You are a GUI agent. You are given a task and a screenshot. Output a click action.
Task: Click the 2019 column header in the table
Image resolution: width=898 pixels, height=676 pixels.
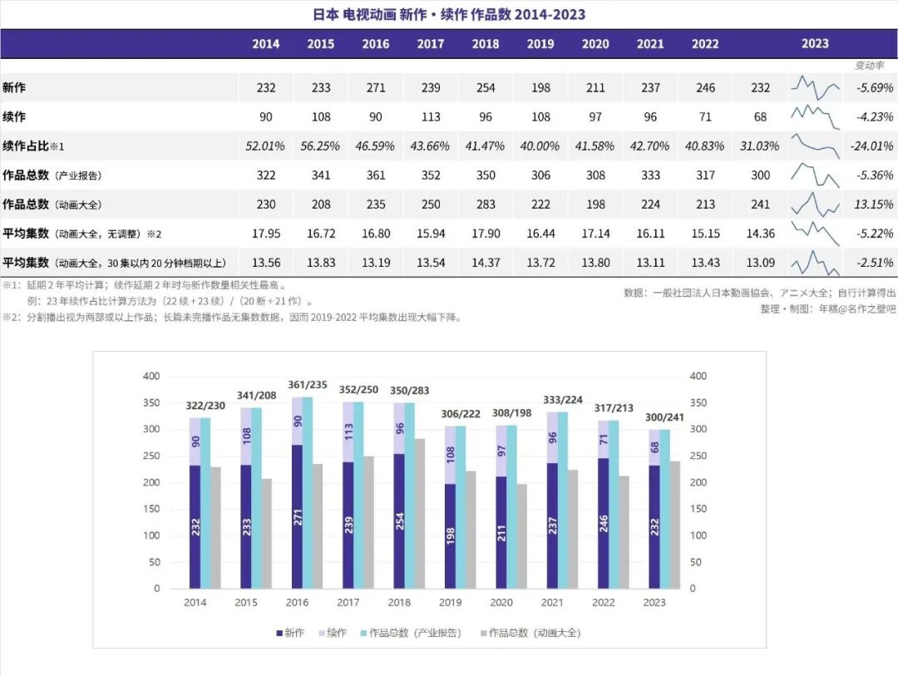pyautogui.click(x=540, y=44)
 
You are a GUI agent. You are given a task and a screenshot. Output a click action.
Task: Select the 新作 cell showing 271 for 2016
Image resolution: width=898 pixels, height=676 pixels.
pyautogui.click(x=376, y=87)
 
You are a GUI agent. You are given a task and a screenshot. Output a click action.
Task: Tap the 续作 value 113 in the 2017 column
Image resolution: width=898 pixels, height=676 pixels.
pyautogui.click(x=431, y=117)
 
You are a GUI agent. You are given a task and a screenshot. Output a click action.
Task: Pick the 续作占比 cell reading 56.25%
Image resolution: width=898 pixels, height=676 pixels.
pyautogui.click(x=321, y=146)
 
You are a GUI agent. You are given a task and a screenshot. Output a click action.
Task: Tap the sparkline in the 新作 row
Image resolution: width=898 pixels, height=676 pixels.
pyautogui.click(x=815, y=87)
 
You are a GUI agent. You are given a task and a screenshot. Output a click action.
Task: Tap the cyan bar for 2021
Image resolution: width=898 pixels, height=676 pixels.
pyautogui.click(x=562, y=499)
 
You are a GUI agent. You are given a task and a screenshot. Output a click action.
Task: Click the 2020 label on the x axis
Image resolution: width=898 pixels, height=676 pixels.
pyautogui.click(x=501, y=602)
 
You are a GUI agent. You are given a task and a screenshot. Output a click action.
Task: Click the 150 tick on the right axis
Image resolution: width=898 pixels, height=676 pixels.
pyautogui.click(x=698, y=509)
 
